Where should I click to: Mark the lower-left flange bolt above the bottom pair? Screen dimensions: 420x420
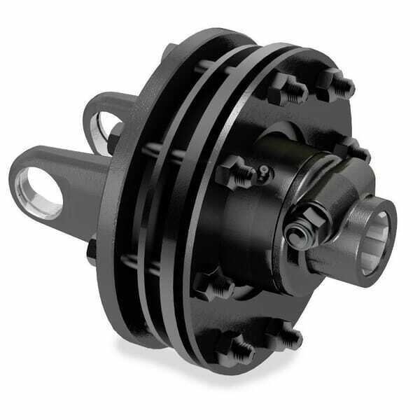coord(211,285)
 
